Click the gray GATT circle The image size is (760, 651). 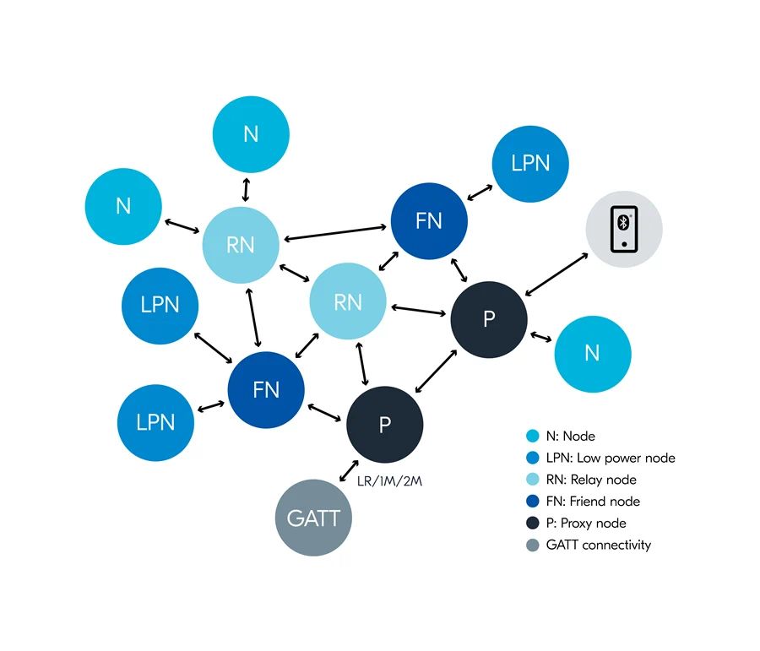(314, 518)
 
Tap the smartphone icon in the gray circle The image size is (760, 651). (624, 229)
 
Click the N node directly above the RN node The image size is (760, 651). (251, 133)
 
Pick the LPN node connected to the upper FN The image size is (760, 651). (530, 163)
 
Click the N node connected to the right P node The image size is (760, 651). (592, 354)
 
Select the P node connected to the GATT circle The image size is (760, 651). (385, 425)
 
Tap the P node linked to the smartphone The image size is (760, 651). (489, 319)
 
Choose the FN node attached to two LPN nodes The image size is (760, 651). (266, 390)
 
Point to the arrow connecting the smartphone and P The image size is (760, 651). (556, 273)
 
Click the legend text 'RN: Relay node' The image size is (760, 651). (591, 480)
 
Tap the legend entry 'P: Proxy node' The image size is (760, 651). (586, 523)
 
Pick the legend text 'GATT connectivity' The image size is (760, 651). (599, 545)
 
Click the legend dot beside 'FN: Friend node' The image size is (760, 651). (532, 502)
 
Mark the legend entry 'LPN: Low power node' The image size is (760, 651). (611, 458)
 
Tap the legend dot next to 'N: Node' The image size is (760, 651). (532, 437)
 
